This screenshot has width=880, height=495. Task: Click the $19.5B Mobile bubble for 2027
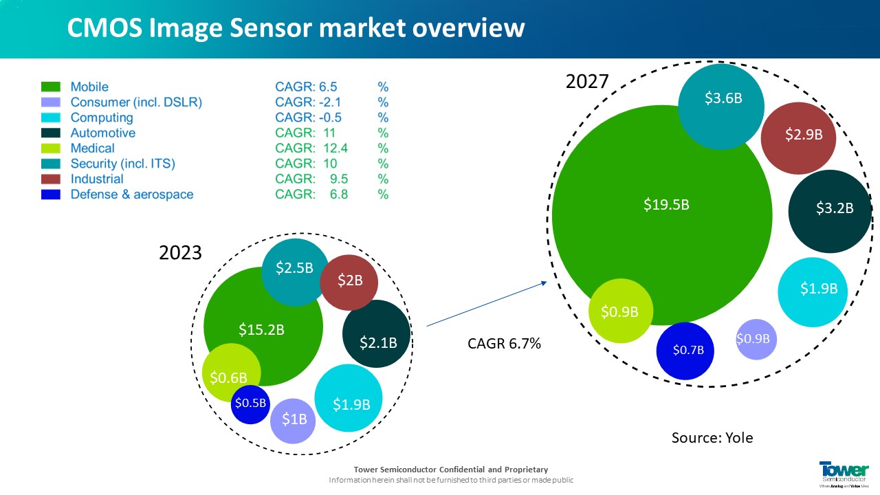(665, 205)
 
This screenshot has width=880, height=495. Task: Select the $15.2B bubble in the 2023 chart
(261, 329)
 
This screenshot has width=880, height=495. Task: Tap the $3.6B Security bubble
(723, 98)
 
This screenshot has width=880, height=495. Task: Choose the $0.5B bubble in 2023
(250, 404)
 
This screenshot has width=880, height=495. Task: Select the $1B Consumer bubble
(294, 419)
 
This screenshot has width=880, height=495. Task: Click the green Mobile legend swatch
(52, 87)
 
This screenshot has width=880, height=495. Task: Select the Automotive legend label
(102, 133)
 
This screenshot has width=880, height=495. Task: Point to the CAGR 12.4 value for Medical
(311, 148)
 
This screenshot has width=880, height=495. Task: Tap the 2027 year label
(586, 82)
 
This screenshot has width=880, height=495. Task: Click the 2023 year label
(180, 252)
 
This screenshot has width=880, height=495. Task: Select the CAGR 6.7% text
(504, 344)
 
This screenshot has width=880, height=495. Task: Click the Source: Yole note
(712, 437)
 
